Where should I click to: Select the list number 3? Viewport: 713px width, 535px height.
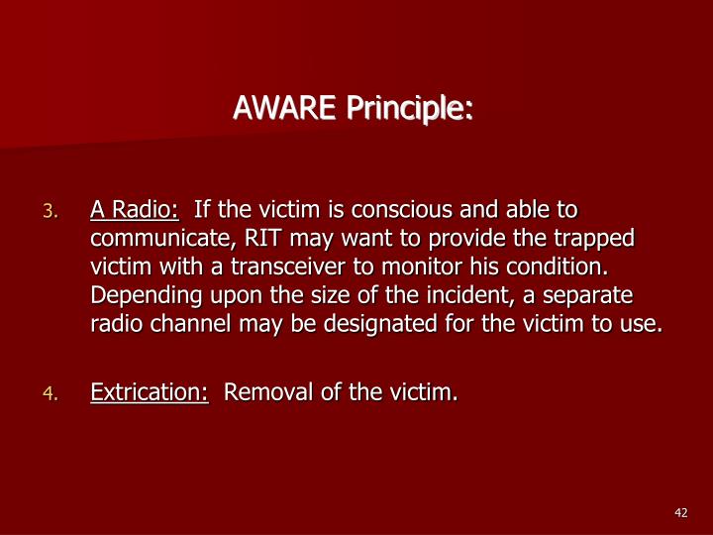[53, 211]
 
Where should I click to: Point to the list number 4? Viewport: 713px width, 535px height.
[53, 394]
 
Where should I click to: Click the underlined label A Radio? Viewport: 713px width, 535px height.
[135, 210]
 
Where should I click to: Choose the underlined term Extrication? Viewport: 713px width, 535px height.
[150, 393]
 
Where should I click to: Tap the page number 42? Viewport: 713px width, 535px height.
[680, 511]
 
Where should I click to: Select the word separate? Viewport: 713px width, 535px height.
[591, 296]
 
